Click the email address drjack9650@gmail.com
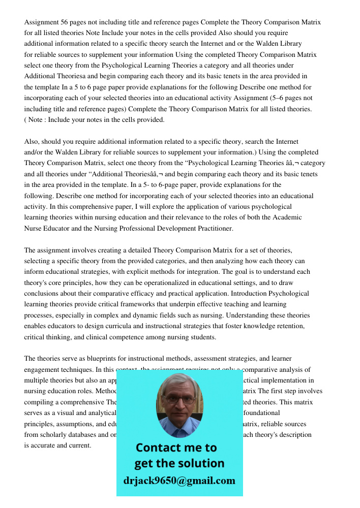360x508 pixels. (179, 481)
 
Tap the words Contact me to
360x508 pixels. (176, 448)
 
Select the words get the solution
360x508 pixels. (179, 463)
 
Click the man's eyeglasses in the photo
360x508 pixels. (179, 399)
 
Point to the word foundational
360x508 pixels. (262, 413)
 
